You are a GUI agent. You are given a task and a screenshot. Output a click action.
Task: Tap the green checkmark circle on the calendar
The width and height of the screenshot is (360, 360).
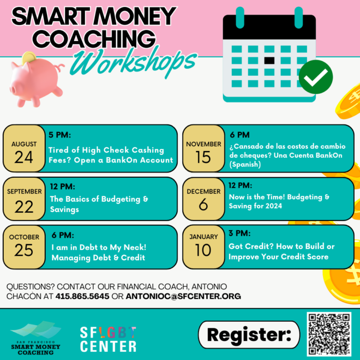click(x=316, y=77)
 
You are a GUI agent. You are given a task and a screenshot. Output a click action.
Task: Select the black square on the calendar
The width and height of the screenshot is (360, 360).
click(x=269, y=61)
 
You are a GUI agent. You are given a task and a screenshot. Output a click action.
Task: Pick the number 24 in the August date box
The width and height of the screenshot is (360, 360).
click(x=24, y=158)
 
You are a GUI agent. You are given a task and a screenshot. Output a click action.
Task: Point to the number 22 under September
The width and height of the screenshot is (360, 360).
click(x=24, y=207)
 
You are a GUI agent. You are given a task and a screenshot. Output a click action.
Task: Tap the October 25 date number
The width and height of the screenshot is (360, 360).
click(x=24, y=250)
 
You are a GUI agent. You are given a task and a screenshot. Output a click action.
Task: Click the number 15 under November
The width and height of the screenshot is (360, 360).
click(x=203, y=158)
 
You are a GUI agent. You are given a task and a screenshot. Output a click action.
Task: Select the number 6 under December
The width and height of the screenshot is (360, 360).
click(x=203, y=205)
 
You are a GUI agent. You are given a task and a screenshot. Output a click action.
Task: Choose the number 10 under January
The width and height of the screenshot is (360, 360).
click(x=203, y=250)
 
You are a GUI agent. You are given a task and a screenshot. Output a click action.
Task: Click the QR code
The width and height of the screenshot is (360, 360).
click(x=329, y=334)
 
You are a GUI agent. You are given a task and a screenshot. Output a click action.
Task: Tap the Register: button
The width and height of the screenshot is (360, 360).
click(x=249, y=335)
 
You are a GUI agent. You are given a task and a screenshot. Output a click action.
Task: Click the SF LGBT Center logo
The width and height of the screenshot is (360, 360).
click(x=108, y=339)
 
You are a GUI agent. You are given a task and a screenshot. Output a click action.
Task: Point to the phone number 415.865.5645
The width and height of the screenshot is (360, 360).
click(x=82, y=296)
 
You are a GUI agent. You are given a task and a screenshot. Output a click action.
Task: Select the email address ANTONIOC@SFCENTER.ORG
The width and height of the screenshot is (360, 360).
click(x=183, y=296)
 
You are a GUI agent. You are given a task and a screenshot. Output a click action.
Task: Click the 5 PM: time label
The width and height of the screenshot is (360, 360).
click(x=59, y=135)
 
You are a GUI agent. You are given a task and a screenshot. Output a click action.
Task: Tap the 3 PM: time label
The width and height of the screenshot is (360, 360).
click(x=239, y=233)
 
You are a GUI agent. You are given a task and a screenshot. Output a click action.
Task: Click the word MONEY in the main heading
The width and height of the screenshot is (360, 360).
click(x=135, y=16)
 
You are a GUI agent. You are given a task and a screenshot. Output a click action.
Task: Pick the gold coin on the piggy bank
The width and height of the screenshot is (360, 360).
click(x=29, y=57)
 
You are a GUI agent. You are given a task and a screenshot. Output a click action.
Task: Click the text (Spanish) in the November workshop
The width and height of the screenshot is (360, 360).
click(x=245, y=164)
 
